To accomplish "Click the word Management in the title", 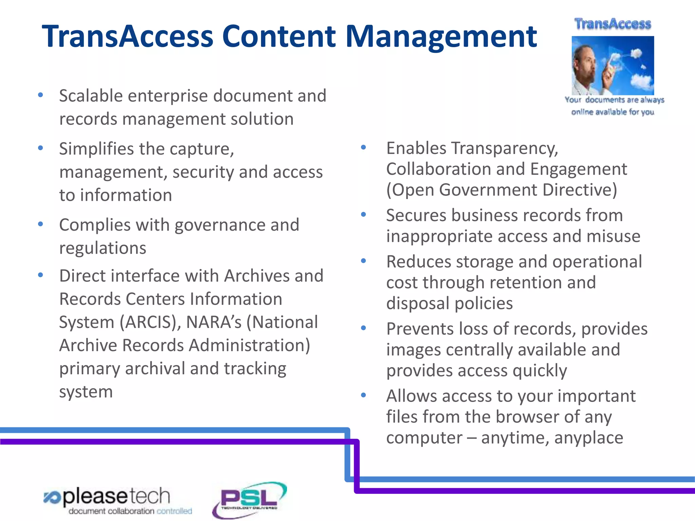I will pyautogui.click(x=441, y=37).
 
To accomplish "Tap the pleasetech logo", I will pyautogui.click(x=117, y=501).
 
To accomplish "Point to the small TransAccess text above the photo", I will pyautogui.click(x=613, y=24).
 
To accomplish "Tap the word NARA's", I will pyautogui.click(x=214, y=322).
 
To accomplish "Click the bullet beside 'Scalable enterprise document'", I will pyautogui.click(x=40, y=95).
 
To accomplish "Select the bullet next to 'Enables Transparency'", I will pyautogui.click(x=363, y=147).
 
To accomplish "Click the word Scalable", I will pyautogui.click(x=91, y=96).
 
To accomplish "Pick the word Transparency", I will pyautogui.click(x=506, y=149).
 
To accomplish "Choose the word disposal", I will pyautogui.click(x=418, y=303).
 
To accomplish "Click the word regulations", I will pyautogui.click(x=102, y=248).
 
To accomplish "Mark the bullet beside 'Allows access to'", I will pyautogui.click(x=363, y=395).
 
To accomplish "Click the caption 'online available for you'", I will pyautogui.click(x=613, y=112).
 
